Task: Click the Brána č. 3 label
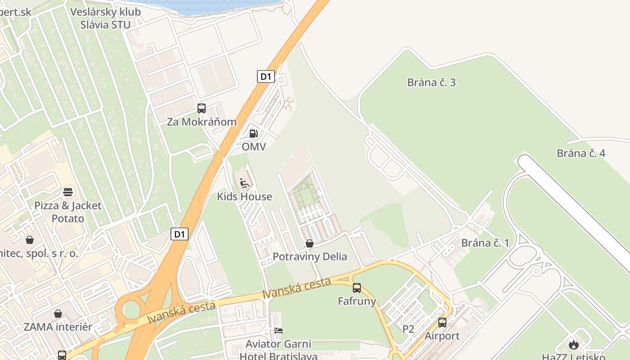[x=431, y=82]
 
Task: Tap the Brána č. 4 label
[x=581, y=153]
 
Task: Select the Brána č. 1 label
[x=485, y=243]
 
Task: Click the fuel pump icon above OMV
[x=254, y=134]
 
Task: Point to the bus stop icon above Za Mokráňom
[x=202, y=108]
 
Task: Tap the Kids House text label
[x=244, y=197]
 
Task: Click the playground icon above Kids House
[x=244, y=183]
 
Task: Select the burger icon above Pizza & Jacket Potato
[x=68, y=193]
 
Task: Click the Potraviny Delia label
[x=310, y=256]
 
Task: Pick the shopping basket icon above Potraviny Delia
[x=310, y=244]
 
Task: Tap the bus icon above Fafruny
[x=357, y=288]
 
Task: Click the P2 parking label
[x=408, y=329]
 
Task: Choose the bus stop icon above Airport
[x=442, y=323]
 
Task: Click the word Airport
[x=442, y=336]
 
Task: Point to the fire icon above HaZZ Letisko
[x=573, y=345]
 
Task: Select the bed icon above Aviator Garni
[x=279, y=331]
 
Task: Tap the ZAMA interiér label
[x=58, y=327]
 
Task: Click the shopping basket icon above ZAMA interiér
[x=58, y=314]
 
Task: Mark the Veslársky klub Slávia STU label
[x=105, y=18]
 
